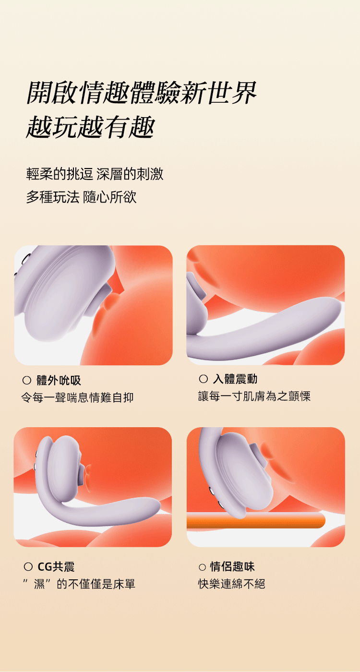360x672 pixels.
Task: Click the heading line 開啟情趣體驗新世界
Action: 141,93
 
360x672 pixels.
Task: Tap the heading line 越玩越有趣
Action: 90,127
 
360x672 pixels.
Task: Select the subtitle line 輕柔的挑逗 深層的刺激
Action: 95,174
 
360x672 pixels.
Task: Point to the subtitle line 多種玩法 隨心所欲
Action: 81,197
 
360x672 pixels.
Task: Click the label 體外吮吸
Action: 59,380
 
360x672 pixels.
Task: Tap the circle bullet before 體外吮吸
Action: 27,380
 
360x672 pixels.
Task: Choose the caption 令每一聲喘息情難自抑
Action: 77,397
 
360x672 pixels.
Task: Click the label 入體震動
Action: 235,379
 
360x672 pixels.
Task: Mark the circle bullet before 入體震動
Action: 203,379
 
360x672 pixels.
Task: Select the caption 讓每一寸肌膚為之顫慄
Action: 254,396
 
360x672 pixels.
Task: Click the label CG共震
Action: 56,567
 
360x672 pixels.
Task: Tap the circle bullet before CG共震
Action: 28,567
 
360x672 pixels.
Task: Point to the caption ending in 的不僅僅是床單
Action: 79,584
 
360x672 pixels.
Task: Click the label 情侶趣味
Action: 232,566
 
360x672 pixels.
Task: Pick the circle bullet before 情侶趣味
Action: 202,567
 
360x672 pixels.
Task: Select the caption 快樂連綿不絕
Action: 231,584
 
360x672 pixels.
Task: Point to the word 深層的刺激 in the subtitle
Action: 130,174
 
